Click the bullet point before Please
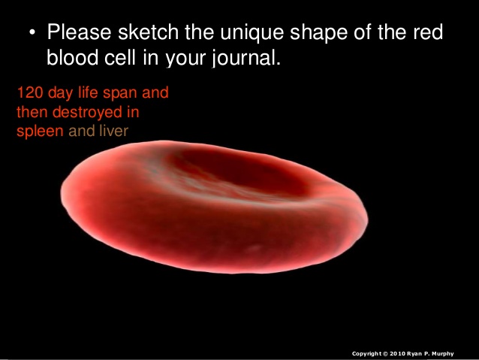coord(32,34)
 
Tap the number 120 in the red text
coord(28,95)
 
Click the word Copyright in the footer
coord(368,352)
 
